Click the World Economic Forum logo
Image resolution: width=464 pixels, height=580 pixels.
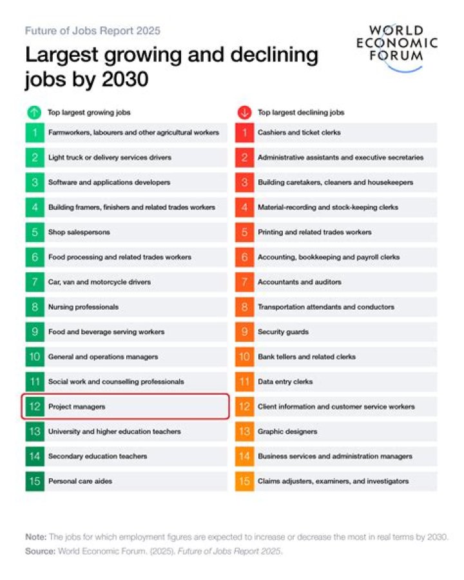point(397,49)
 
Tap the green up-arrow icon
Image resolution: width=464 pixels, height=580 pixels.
point(34,112)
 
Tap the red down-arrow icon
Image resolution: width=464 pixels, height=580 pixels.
point(244,112)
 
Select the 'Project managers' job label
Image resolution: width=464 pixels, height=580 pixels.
point(77,407)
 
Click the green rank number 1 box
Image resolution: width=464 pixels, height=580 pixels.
point(34,133)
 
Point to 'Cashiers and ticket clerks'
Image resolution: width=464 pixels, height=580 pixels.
point(299,133)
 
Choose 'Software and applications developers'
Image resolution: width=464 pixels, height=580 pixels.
point(109,183)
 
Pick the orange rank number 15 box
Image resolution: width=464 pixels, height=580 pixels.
point(244,481)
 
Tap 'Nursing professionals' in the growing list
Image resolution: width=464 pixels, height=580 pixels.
point(83,307)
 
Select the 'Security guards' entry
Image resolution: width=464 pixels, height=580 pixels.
point(283,332)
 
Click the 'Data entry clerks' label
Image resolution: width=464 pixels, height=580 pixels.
point(285,382)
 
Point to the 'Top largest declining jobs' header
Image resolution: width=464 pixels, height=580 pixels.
point(301,112)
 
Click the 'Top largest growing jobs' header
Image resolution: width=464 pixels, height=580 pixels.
point(89,112)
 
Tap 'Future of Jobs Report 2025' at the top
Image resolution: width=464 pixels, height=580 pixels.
point(93,31)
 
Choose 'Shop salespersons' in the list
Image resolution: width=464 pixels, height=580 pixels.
point(79,232)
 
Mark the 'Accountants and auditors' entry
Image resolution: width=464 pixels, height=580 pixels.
point(300,283)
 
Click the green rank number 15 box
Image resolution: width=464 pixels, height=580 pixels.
point(34,481)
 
